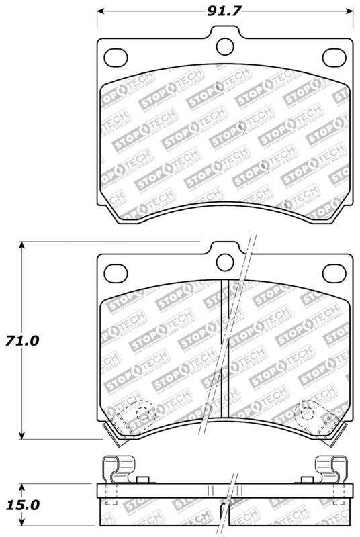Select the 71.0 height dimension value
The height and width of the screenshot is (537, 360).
(22, 340)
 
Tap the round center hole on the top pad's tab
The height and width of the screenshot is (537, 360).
(226, 44)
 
